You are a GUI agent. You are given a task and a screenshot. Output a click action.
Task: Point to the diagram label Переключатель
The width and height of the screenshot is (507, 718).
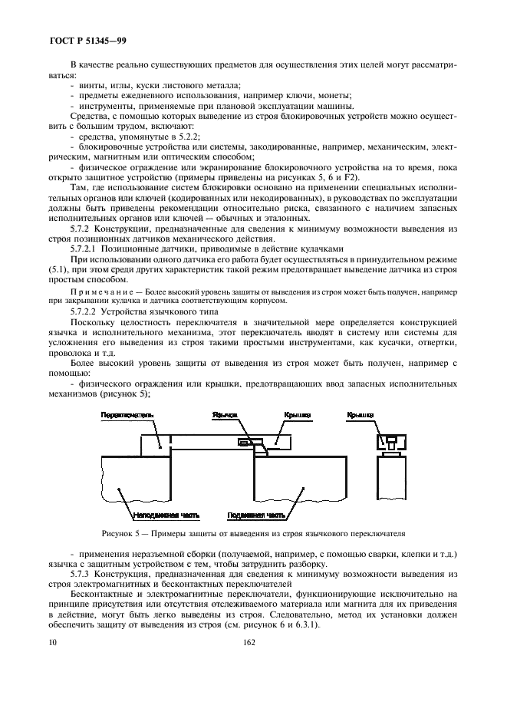[x=127, y=415]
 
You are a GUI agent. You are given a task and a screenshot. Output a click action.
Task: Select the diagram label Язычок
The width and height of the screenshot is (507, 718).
[x=226, y=415]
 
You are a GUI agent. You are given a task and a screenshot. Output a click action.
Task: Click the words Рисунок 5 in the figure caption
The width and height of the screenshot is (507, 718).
[x=119, y=532]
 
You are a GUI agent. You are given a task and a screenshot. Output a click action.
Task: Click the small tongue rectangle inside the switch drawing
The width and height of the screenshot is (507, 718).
[x=245, y=443]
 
